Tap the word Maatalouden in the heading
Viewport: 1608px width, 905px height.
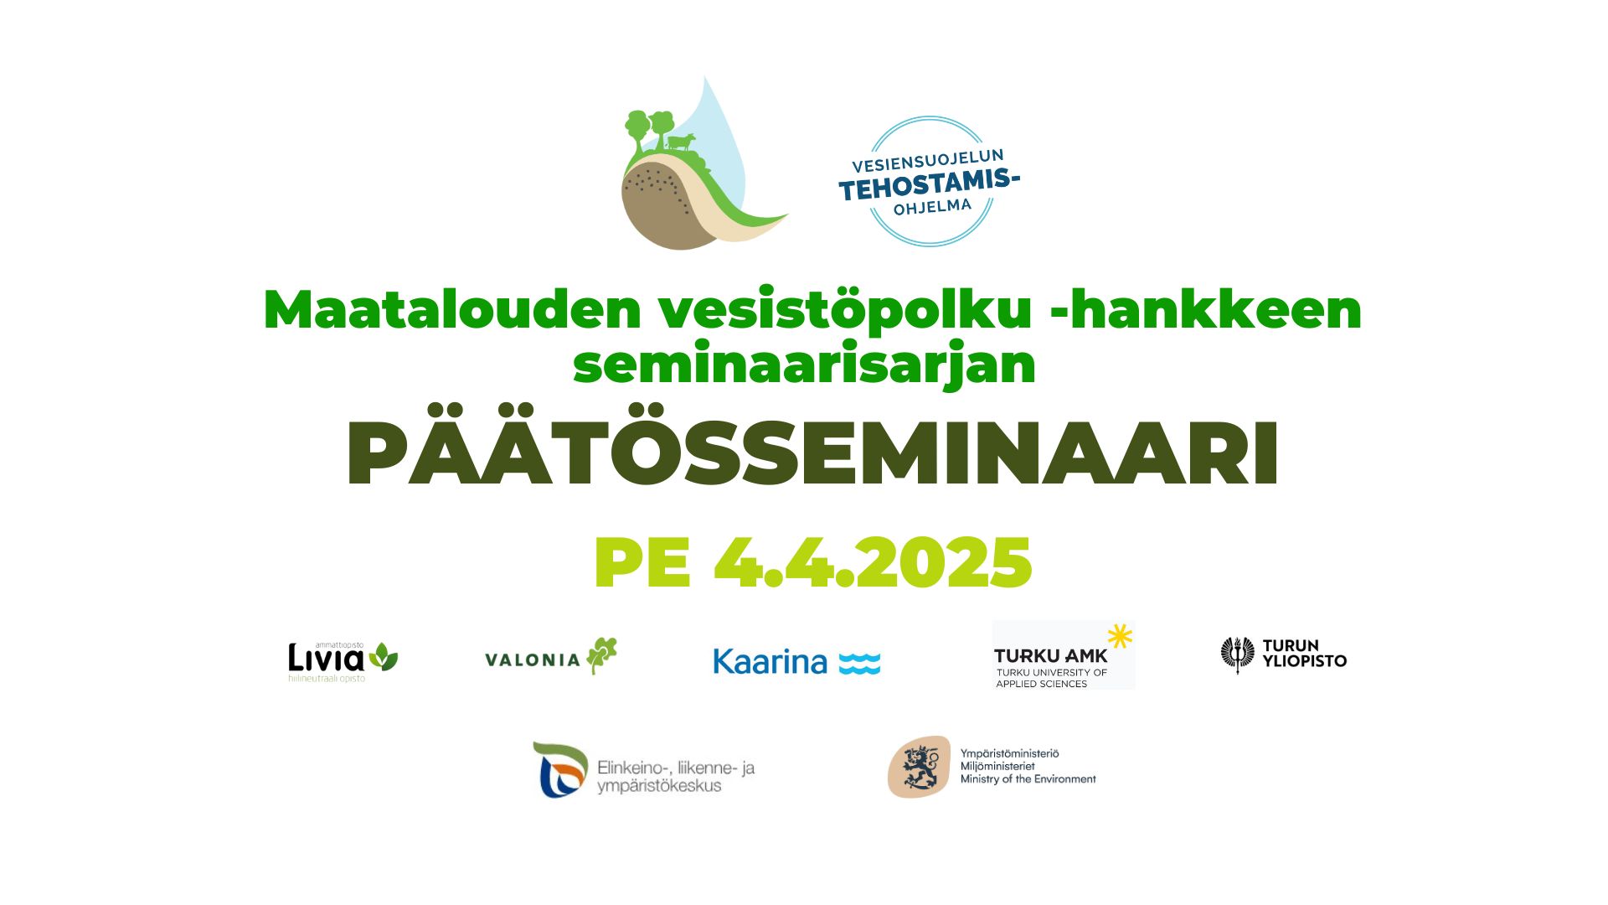[452, 309]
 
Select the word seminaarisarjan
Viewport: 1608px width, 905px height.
[804, 365]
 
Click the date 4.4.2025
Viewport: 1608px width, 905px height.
[873, 562]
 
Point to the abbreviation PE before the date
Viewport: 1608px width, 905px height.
[642, 562]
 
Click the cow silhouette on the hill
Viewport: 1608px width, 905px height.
[680, 142]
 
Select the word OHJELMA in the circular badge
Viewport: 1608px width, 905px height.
[932, 206]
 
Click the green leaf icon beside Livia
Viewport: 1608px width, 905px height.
[384, 656]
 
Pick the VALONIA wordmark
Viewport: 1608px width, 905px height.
[533, 659]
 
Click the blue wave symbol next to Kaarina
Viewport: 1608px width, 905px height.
[859, 663]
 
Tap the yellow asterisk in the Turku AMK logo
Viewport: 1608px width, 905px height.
[1120, 636]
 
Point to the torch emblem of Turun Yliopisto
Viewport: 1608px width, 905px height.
[1238, 654]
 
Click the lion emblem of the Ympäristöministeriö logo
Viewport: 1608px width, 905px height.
[920, 767]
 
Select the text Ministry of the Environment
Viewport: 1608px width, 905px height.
[1028, 779]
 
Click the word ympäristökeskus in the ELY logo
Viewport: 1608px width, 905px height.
[659, 786]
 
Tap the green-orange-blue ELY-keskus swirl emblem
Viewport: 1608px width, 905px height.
[560, 769]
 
